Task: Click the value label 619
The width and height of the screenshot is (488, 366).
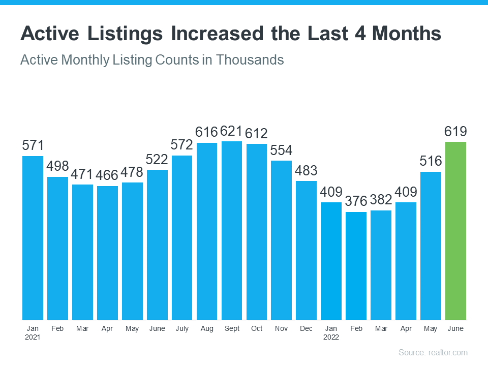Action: tap(455, 132)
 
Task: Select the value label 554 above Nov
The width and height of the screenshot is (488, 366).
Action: tap(281, 150)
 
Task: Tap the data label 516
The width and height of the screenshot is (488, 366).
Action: tap(431, 162)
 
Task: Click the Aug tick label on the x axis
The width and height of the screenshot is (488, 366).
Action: tap(207, 329)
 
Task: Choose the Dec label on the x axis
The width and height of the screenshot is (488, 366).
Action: tap(306, 329)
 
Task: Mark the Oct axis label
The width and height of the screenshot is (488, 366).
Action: tap(257, 329)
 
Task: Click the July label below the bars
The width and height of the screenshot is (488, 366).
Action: tap(182, 329)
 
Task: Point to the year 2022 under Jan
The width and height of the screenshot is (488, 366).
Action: tap(331, 337)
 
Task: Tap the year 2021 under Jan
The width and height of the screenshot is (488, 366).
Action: tap(33, 337)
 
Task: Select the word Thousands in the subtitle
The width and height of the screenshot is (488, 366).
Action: tap(250, 59)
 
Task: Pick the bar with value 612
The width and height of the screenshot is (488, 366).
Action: tap(257, 231)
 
